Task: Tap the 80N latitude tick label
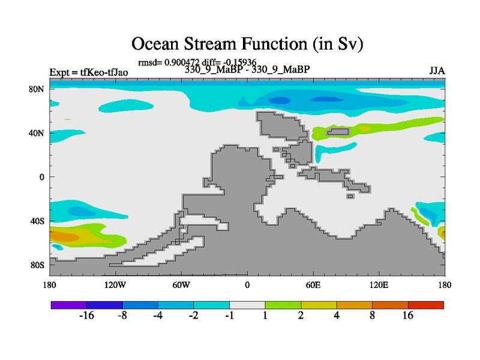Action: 37,89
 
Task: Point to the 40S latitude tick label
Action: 37,221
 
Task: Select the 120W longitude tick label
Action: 115,285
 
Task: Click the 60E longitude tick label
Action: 313,285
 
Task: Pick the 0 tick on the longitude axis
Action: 247,285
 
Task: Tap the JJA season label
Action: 437,71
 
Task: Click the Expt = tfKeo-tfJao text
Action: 89,73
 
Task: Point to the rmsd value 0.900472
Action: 182,62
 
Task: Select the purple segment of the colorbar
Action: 69,305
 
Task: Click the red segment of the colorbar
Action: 426,305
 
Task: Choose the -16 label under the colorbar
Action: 86,316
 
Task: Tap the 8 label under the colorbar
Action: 372,316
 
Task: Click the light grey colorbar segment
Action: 247,305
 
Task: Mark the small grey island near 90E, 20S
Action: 350,196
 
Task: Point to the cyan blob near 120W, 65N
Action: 126,106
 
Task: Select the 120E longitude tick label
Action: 379,285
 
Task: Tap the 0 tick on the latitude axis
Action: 41,177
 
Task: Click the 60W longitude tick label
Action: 181,285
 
